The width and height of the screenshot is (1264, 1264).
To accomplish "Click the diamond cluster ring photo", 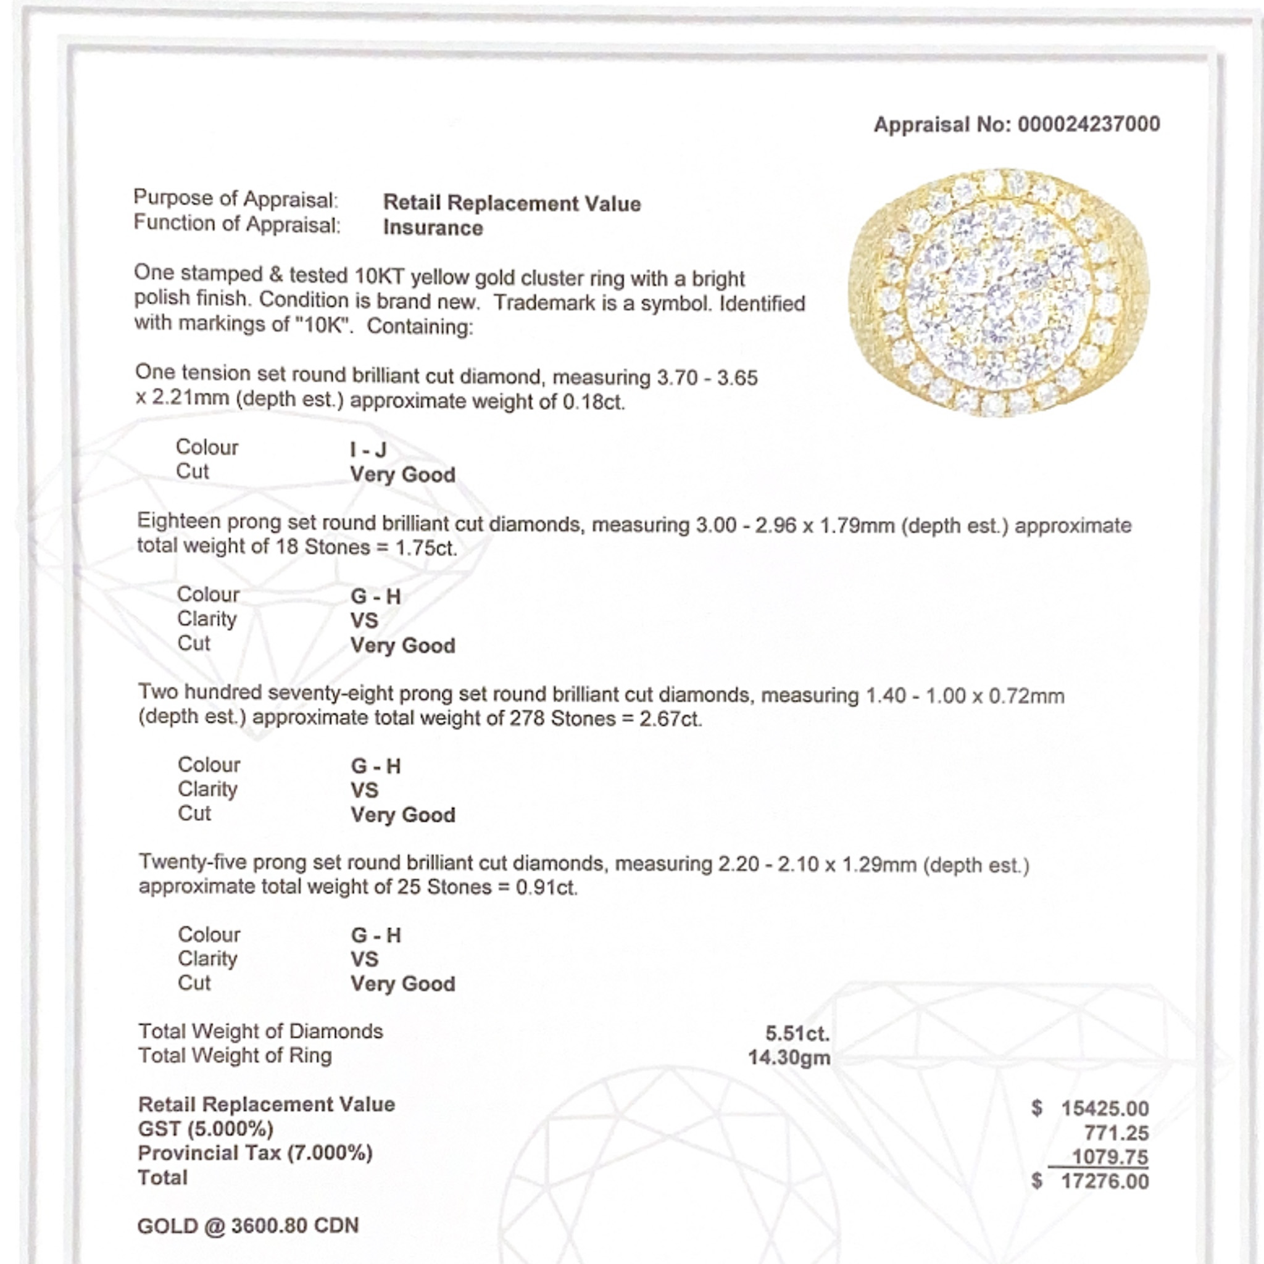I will pos(999,293).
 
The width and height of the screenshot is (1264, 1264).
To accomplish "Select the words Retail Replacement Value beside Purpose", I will pos(512,204).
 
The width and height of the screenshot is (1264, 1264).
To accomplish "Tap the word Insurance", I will pos(433,228).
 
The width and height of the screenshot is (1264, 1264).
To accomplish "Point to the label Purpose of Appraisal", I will pos(236,199).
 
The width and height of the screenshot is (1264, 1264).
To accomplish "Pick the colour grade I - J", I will pos(368,449).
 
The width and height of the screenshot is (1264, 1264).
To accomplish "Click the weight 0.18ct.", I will pos(593,402).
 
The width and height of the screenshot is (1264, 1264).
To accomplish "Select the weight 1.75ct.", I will pos(425,547).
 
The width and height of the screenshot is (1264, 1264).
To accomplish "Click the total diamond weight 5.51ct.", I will pos(797,1034).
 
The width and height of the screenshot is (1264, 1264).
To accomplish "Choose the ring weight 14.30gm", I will pos(789,1058).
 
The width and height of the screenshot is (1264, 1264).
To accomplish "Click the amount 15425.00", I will pos(1104,1109).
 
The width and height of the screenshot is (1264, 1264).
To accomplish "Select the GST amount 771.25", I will pos(1116,1133).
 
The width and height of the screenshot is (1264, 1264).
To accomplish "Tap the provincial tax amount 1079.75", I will pos(1110,1157).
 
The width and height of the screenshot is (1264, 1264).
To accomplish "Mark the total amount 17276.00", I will pos(1104,1181).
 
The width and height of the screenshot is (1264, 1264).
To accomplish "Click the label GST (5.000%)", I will pos(206,1129).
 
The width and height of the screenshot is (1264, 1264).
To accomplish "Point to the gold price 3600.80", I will pos(268,1225).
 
